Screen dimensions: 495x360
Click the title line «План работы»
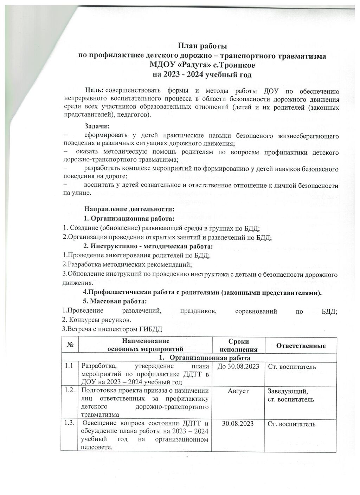tap(202, 46)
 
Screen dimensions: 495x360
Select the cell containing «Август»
tap(239, 391)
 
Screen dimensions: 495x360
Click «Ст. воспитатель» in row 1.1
tap(292, 367)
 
